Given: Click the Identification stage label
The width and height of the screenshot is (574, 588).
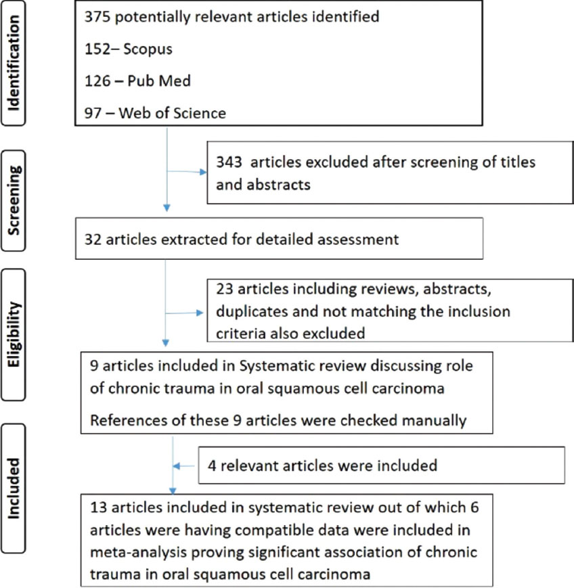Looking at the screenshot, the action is (14, 63).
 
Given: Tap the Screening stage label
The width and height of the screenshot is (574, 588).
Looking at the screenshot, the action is (14, 201).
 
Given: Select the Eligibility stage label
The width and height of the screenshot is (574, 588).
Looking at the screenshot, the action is (14, 334).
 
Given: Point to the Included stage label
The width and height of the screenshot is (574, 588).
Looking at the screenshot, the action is (14, 489).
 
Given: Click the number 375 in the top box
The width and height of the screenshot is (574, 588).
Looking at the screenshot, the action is (97, 17).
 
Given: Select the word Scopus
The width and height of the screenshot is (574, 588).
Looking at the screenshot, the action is (148, 49).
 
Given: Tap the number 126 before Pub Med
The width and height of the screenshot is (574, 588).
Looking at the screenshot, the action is (97, 81).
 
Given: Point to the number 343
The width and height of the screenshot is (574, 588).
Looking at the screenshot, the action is (229, 162).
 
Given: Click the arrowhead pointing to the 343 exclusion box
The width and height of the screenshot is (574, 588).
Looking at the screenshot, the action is (203, 172).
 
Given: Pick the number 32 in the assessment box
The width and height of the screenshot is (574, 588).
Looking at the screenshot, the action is (93, 240).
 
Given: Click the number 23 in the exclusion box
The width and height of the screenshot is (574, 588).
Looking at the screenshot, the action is (224, 289).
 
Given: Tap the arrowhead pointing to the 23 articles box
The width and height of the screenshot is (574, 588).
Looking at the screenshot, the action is (200, 313).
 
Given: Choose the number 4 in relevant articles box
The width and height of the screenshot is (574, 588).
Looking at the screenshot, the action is (212, 466).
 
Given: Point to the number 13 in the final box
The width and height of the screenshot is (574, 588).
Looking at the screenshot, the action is (98, 507).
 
